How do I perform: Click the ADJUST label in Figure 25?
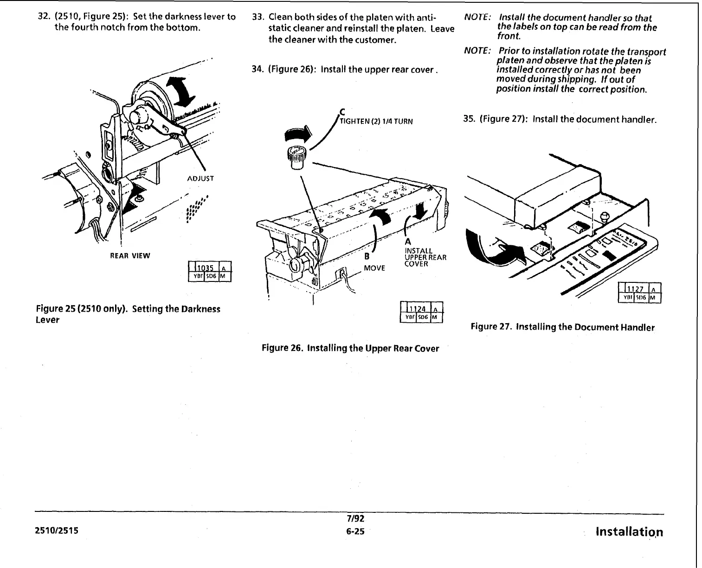(x=200, y=179)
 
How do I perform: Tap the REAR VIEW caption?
(x=130, y=255)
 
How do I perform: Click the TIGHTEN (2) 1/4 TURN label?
(x=376, y=121)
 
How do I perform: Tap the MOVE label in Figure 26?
(x=374, y=268)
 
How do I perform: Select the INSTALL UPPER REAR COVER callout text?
(x=425, y=257)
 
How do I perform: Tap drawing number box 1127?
(x=640, y=293)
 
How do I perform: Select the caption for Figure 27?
(x=562, y=327)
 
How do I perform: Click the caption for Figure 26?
(x=350, y=348)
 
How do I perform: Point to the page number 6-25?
(x=355, y=531)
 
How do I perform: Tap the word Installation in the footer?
(x=629, y=532)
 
